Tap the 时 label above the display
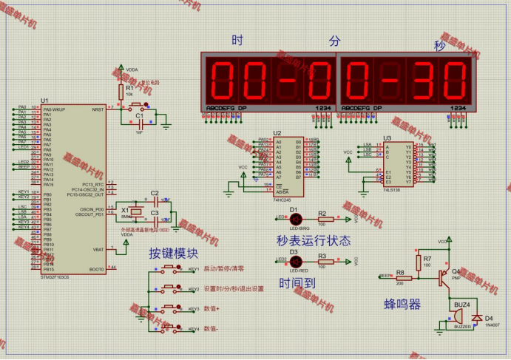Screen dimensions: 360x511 click(x=237, y=41)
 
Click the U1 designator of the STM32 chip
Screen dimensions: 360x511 click(x=44, y=100)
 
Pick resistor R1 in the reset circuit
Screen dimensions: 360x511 click(x=121, y=89)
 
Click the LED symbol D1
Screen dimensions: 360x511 click(x=295, y=217)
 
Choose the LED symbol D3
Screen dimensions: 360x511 click(x=295, y=259)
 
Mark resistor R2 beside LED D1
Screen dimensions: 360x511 click(x=322, y=218)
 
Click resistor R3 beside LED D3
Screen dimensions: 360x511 click(x=322, y=260)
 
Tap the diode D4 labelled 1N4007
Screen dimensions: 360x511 click(x=477, y=317)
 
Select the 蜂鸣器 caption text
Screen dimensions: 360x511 click(x=402, y=305)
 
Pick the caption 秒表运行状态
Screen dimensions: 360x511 click(x=313, y=240)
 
